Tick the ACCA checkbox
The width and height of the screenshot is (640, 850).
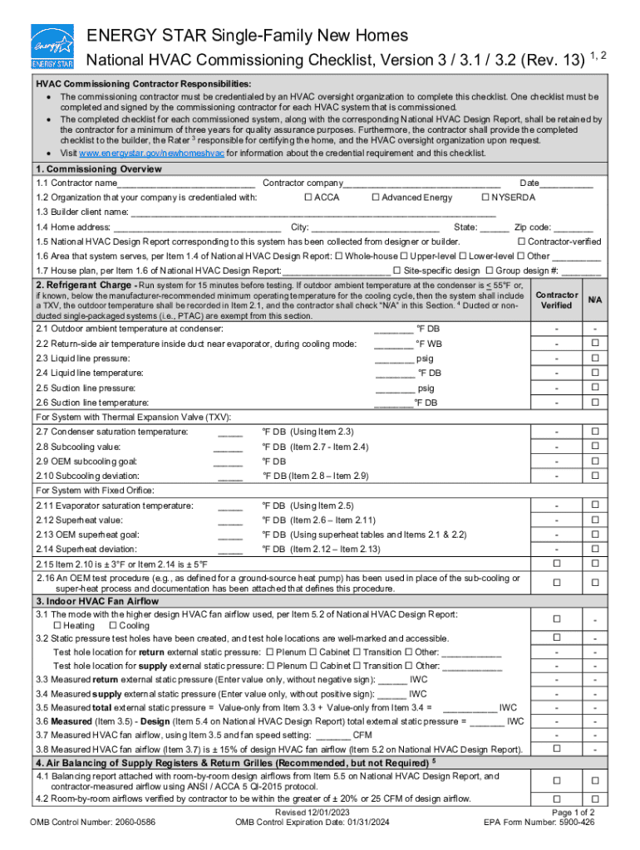[308, 198]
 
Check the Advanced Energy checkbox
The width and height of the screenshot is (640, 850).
[376, 198]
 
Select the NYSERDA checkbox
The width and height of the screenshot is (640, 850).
[485, 198]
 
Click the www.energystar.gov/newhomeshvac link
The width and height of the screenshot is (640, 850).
[152, 154]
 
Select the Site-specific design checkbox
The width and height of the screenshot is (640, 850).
[397, 271]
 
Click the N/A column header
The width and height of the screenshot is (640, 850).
[594, 300]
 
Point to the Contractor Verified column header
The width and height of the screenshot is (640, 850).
[556, 300]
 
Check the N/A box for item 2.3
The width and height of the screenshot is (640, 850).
[594, 358]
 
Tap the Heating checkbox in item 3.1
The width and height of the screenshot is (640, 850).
[57, 625]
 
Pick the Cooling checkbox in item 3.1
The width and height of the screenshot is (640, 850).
[112, 625]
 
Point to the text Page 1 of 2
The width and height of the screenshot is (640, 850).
[573, 813]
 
